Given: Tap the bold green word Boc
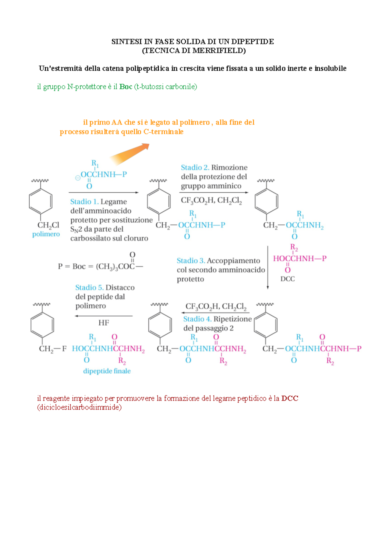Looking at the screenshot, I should [x=126, y=86].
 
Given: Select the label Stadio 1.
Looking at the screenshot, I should [x=84, y=202].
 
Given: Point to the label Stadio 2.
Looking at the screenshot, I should [x=195, y=167].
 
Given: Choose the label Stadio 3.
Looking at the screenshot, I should [x=191, y=261].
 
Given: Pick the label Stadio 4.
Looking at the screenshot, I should [x=197, y=319].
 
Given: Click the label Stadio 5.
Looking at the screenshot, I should [x=89, y=288].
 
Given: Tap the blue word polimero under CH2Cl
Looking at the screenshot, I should [x=46, y=234].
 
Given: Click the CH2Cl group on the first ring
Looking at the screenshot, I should [x=48, y=225].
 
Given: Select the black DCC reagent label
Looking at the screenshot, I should [x=287, y=279].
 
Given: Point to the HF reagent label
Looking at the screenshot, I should [x=104, y=323].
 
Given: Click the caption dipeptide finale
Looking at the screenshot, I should [x=107, y=371].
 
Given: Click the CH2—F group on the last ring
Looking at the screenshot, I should [x=53, y=349].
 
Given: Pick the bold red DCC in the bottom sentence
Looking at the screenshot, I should [x=290, y=398].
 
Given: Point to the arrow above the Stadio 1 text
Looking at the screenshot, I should [x=104, y=193].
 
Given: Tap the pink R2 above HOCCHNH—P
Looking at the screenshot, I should [x=294, y=248].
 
